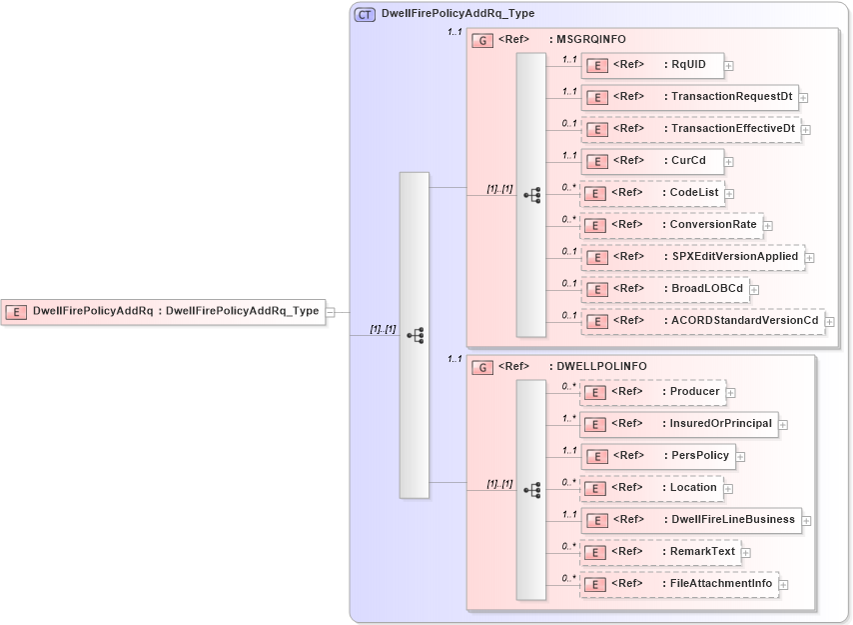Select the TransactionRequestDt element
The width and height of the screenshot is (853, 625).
tap(689, 97)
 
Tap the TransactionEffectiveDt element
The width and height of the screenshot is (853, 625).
tap(690, 129)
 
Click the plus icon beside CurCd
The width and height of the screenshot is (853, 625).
tap(729, 162)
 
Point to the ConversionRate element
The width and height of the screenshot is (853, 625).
tap(670, 225)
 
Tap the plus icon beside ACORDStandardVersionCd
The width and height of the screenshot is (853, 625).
tap(829, 322)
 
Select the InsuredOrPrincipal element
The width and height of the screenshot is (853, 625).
tap(679, 424)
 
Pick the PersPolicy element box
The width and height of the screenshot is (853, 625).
tap(658, 456)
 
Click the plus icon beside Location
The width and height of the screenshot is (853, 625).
tap(729, 489)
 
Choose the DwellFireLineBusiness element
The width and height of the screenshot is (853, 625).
tap(691, 520)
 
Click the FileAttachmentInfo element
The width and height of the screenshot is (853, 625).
tap(679, 584)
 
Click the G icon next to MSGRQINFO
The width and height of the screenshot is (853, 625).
tap(482, 40)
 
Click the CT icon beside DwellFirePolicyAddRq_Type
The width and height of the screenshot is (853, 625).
tap(366, 14)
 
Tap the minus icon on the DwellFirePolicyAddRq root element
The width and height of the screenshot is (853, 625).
tap(331, 312)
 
